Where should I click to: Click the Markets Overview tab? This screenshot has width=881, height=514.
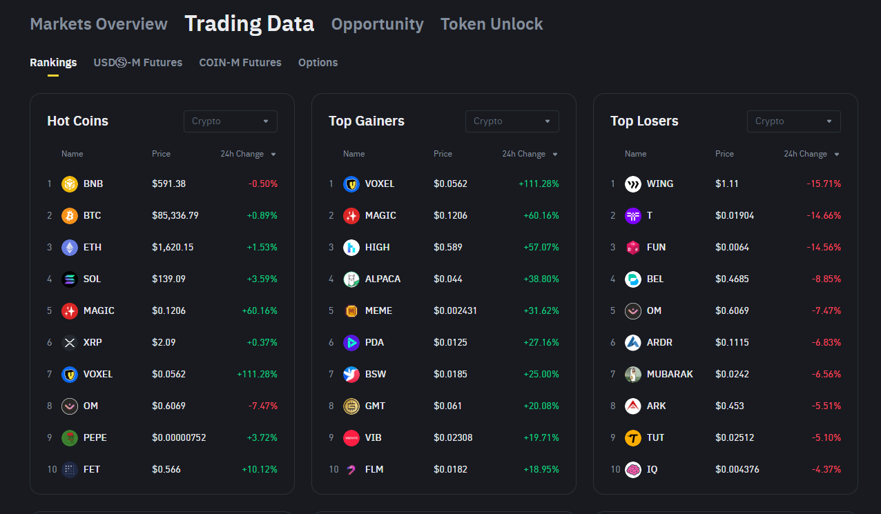point(99,24)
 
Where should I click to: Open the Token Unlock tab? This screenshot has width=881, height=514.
point(492,24)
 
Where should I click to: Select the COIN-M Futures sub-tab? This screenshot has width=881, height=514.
point(240,63)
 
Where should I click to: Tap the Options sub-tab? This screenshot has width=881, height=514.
point(318,63)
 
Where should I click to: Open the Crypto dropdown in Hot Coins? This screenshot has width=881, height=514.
point(230,121)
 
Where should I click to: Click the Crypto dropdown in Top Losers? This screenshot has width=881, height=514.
point(793,121)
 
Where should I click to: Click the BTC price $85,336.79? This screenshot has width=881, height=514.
point(175,215)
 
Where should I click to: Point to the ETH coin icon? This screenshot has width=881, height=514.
point(70,247)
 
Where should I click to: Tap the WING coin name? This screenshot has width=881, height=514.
point(660,184)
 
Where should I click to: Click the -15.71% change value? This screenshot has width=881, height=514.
point(824,184)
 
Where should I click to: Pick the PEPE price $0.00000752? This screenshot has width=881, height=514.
point(179,437)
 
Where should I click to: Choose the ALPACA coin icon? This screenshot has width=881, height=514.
point(351,279)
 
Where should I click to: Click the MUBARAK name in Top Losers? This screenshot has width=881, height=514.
point(670,374)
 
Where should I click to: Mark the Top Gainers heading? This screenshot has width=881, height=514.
point(367,121)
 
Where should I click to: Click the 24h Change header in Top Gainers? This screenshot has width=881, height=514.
point(524,154)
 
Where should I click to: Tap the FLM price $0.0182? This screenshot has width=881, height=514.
point(450,469)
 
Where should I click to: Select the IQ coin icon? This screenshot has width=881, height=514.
point(633,469)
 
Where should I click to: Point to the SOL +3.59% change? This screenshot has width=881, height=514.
point(262,279)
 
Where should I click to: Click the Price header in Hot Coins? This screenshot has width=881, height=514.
point(161,154)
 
